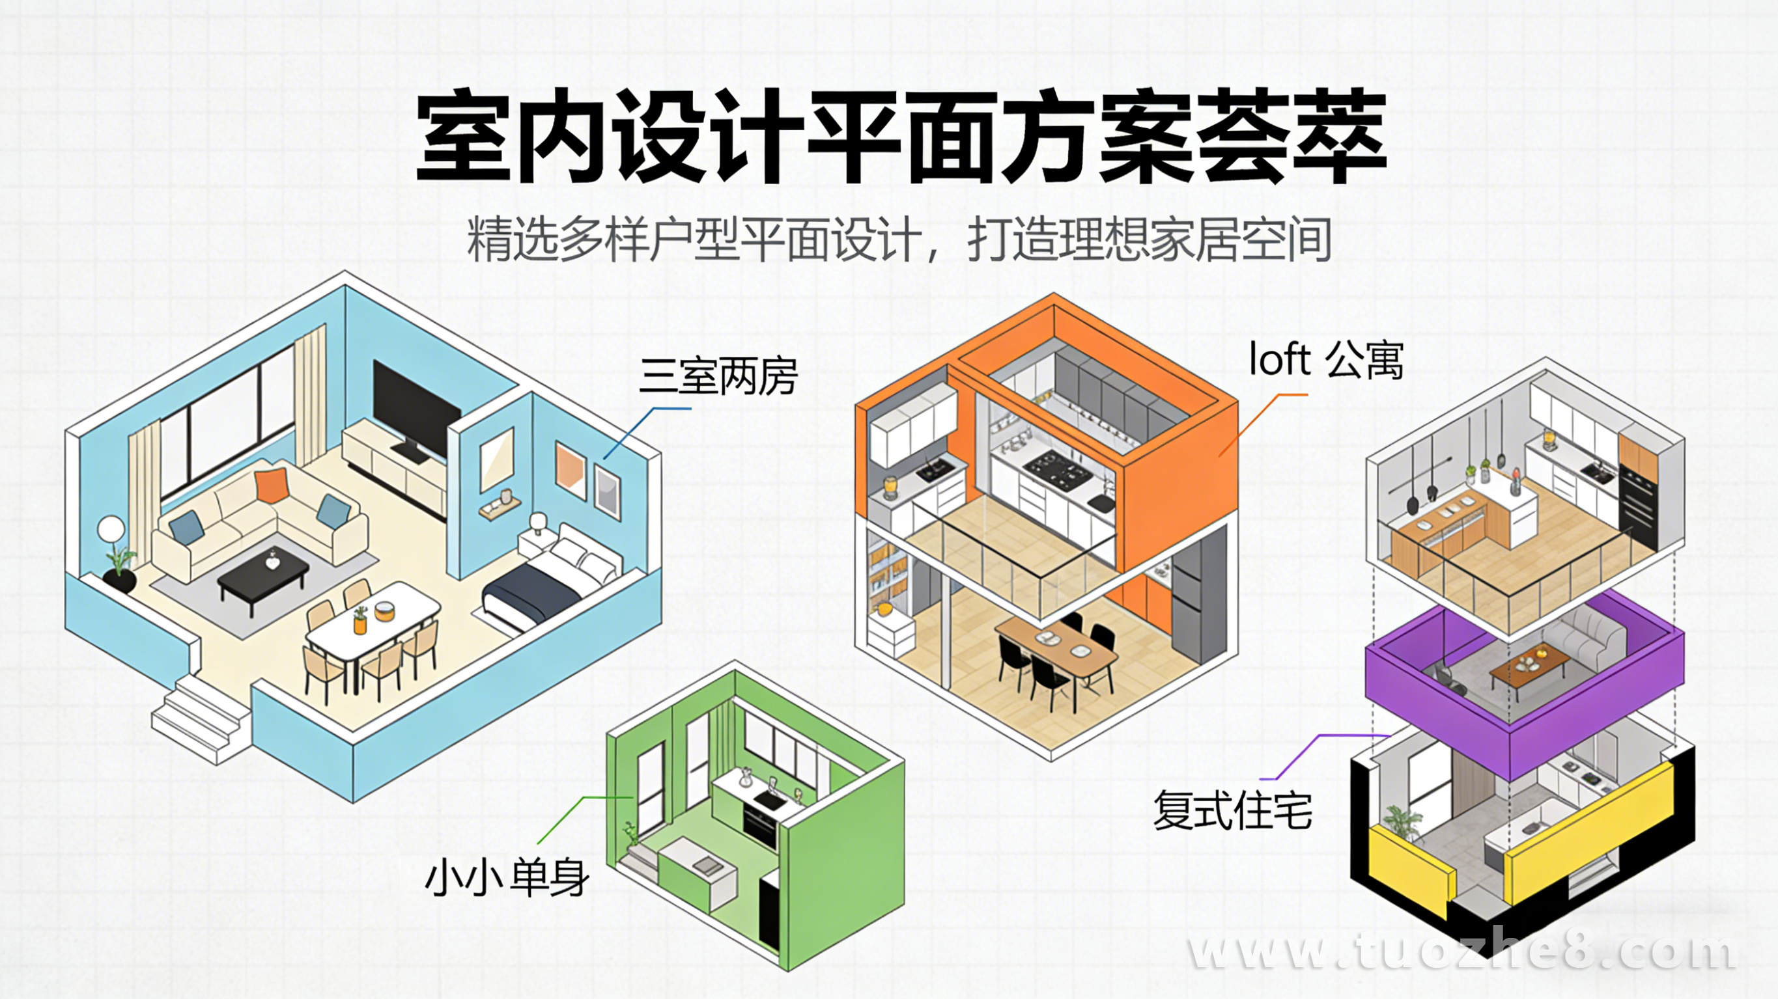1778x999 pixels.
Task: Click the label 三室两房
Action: coord(718,376)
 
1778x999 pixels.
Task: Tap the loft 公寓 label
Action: coord(1326,360)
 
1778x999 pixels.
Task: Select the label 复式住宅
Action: coord(1232,810)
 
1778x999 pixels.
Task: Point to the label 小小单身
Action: coord(507,877)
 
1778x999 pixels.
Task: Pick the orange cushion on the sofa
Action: coord(270,484)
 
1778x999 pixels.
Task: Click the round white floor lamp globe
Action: coord(111,530)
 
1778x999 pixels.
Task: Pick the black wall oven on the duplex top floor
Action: coord(1637,504)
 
